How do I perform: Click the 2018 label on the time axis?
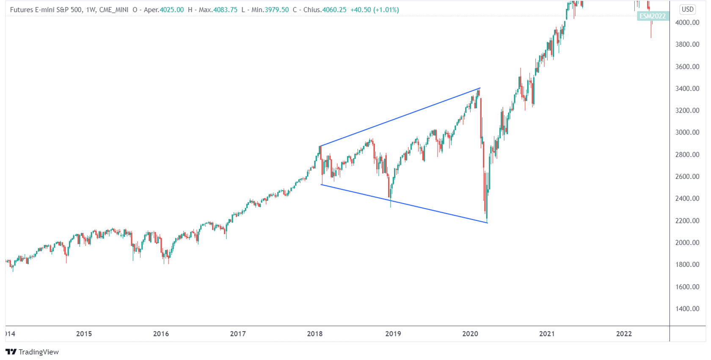315,334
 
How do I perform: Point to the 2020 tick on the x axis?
470,334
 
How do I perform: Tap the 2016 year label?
161,334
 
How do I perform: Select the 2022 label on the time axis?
624,334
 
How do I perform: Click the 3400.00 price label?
687,88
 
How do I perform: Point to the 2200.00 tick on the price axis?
687,220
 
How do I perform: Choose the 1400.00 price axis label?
687,309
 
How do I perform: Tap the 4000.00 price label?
687,22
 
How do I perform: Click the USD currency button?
688,9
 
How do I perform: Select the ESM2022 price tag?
653,16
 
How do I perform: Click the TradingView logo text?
39,352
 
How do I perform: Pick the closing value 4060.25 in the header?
334,10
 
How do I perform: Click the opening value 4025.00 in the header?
172,10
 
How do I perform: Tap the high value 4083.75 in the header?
226,10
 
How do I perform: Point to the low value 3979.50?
277,10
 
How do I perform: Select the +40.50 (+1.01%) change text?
375,10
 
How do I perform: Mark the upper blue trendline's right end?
480,88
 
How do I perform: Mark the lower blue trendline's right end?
488,223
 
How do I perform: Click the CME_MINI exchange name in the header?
114,10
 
